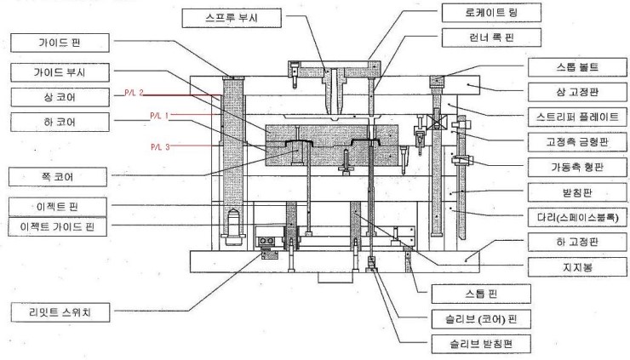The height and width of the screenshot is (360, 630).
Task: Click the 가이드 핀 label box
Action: click(59, 41)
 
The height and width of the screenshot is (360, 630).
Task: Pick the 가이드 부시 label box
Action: click(59, 71)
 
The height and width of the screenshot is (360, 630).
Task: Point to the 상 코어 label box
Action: click(59, 96)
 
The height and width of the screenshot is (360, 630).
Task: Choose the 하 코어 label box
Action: click(59, 123)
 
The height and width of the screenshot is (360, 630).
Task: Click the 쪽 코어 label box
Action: click(59, 176)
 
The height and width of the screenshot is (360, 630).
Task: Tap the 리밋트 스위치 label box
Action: click(59, 312)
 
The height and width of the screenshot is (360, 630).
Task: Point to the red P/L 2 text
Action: click(135, 93)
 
